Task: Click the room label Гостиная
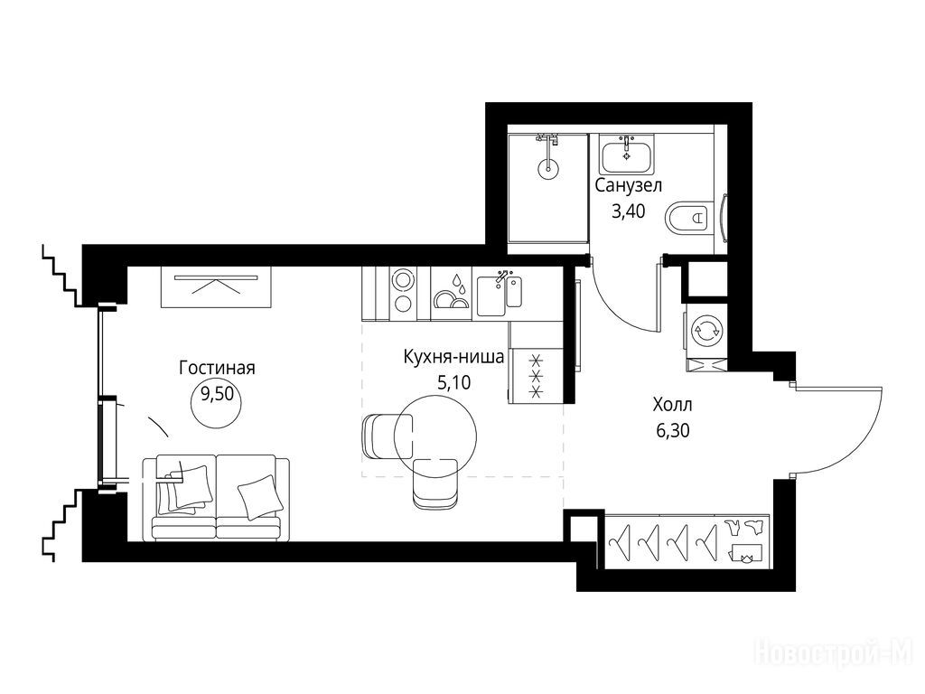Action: [217, 369]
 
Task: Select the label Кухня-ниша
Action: [453, 357]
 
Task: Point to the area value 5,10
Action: [453, 383]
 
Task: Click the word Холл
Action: [672, 406]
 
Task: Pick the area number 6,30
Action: [672, 431]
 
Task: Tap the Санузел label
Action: [629, 186]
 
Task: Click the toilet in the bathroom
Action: [689, 218]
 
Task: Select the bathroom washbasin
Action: [627, 153]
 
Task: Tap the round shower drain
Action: [547, 167]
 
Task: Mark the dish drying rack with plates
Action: [452, 294]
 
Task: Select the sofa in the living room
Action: [216, 497]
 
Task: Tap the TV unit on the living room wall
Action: [215, 286]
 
